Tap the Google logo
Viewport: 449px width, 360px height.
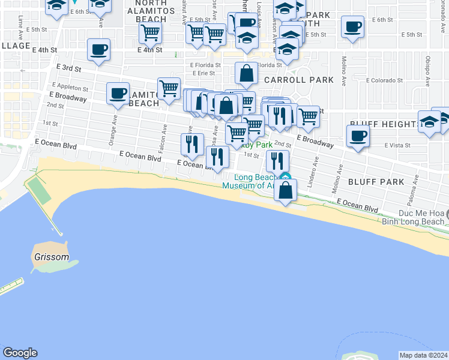19,353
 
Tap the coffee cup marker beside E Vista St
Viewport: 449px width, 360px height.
358,136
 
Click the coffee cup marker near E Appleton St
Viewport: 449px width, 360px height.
118,93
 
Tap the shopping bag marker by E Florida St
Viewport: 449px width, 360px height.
246,74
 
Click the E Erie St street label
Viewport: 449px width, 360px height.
202,74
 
